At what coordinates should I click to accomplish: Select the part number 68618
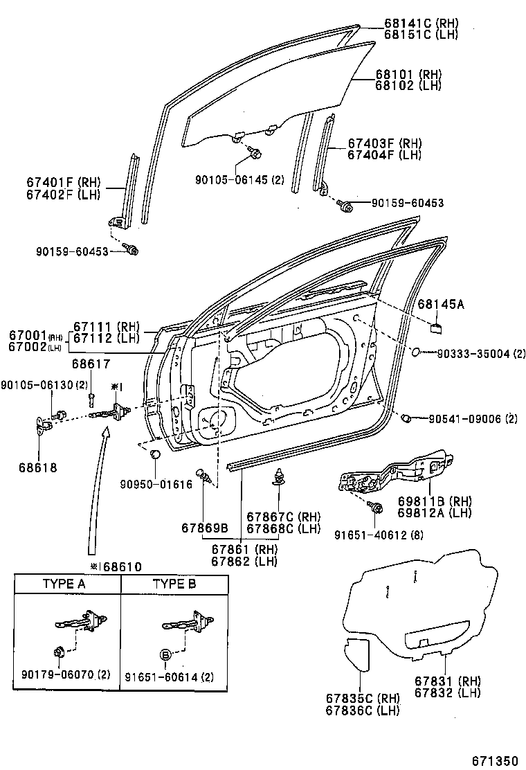(x=38, y=467)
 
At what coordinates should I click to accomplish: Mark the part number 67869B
(x=205, y=528)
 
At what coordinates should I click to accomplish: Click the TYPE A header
(x=64, y=584)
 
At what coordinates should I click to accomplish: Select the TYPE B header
(x=174, y=584)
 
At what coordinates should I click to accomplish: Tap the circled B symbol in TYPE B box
(x=166, y=654)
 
